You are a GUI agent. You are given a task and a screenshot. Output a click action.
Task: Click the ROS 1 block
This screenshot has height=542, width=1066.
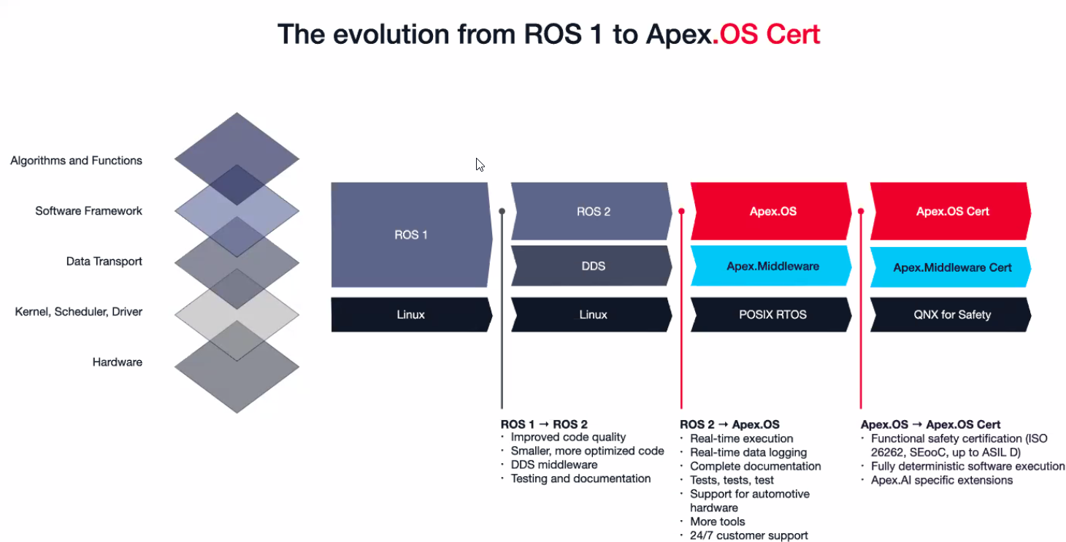click(x=411, y=234)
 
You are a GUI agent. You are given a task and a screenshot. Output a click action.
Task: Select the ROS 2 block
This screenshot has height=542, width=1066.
click(x=593, y=211)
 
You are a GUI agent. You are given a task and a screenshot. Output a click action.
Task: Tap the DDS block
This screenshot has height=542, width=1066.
click(x=593, y=266)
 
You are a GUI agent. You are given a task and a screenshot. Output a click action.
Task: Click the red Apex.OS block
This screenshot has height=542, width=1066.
click(x=772, y=211)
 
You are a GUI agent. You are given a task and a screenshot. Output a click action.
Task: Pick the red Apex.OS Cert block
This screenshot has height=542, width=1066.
click(x=952, y=211)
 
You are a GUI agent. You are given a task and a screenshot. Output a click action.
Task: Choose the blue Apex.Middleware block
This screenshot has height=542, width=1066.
click(x=772, y=266)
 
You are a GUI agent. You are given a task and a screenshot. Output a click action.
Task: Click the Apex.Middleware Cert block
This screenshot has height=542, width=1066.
click(x=952, y=267)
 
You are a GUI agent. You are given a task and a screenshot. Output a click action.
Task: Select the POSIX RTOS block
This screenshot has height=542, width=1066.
click(x=772, y=315)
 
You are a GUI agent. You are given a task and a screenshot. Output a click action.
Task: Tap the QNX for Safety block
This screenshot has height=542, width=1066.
click(x=952, y=315)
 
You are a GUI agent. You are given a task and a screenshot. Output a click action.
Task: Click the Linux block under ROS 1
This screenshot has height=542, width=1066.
click(x=411, y=315)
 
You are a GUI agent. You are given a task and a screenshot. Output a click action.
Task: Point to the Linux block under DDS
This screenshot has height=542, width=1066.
click(x=593, y=315)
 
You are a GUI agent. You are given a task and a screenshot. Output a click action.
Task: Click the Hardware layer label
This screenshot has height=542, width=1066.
click(x=117, y=362)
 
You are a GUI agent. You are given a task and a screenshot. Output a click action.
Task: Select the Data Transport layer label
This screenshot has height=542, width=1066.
click(x=104, y=262)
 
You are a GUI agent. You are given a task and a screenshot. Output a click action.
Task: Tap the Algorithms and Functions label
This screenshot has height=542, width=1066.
click(x=76, y=161)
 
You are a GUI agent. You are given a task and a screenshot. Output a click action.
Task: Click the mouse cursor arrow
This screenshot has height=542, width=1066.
click(x=480, y=164)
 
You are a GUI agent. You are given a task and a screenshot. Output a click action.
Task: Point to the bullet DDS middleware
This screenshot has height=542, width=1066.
click(x=553, y=465)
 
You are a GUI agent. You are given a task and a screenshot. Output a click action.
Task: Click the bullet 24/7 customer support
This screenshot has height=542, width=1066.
click(x=748, y=535)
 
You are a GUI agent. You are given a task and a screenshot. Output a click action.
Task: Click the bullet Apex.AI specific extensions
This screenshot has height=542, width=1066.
click(x=941, y=480)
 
